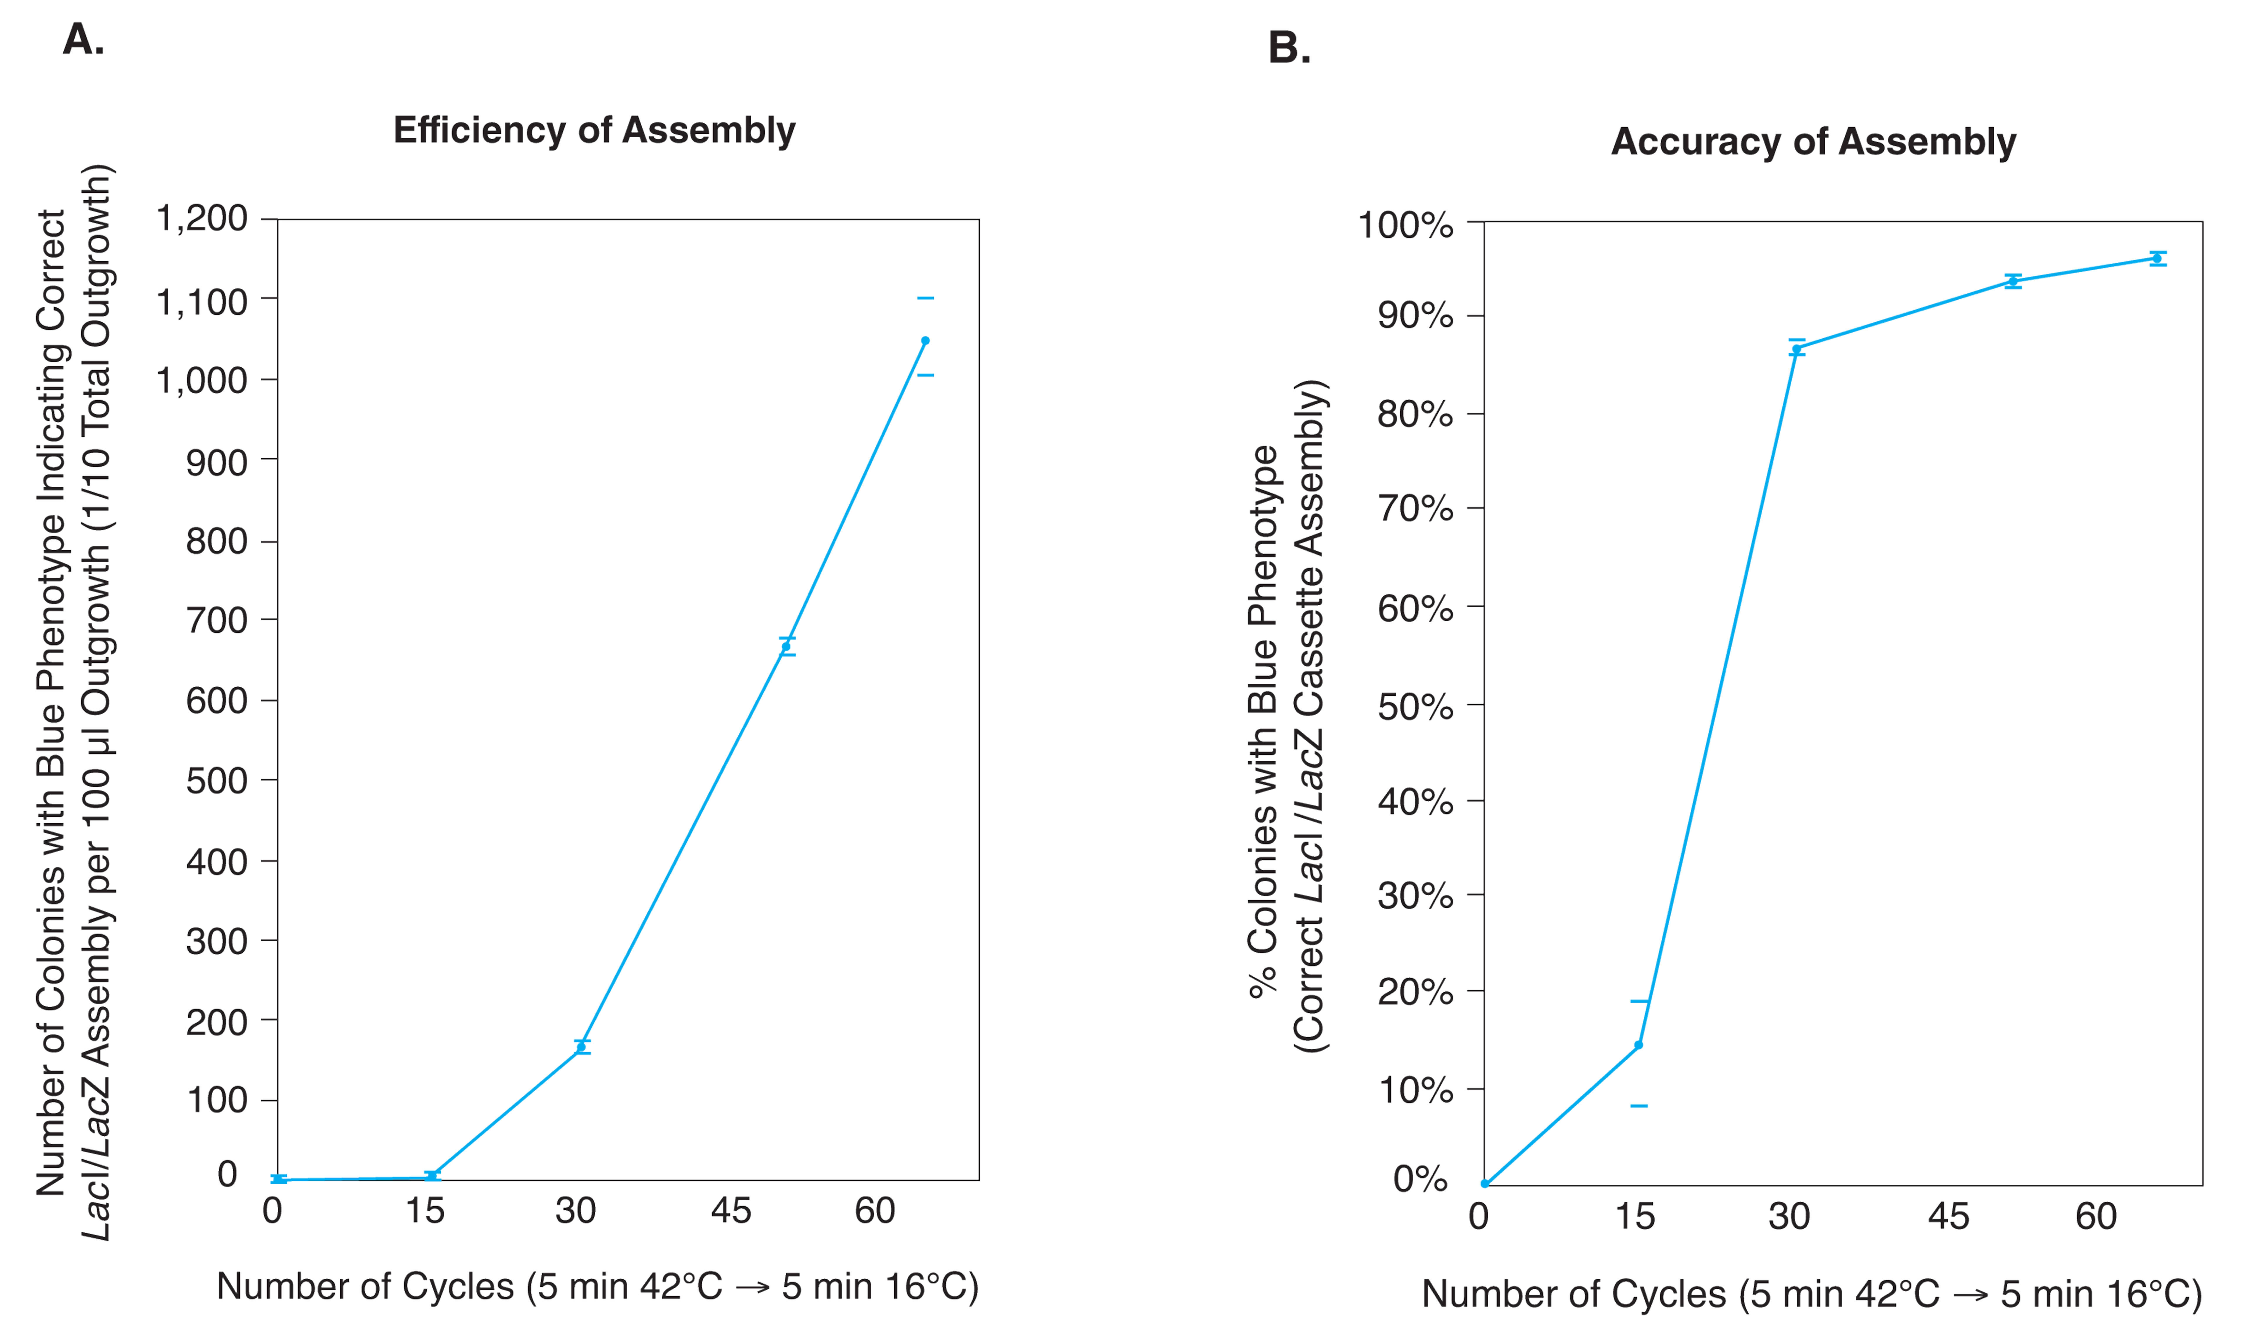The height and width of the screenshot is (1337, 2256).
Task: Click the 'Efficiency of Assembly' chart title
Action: point(594,131)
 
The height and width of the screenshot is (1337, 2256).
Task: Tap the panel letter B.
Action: point(1289,48)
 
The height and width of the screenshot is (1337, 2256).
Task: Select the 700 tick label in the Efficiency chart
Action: point(216,621)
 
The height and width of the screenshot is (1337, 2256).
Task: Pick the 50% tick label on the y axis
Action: point(1415,707)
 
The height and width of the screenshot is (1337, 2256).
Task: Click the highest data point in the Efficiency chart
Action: point(925,341)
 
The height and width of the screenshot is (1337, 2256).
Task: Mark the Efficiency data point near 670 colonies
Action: point(786,647)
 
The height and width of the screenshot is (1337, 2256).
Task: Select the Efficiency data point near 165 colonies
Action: point(581,1047)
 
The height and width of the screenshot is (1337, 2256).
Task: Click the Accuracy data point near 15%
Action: point(1638,1045)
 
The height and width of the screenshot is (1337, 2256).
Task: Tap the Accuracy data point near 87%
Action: point(1796,349)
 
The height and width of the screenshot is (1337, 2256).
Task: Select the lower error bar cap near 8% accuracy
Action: point(1638,1105)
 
